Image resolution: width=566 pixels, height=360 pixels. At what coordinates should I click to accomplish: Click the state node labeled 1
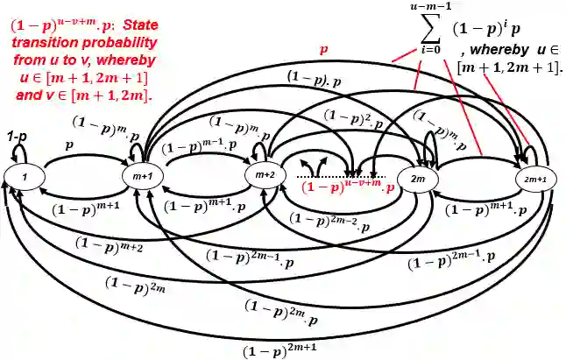pyautogui.click(x=26, y=177)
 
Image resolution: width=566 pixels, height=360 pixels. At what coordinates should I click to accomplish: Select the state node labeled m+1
pyautogui.click(x=143, y=177)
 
